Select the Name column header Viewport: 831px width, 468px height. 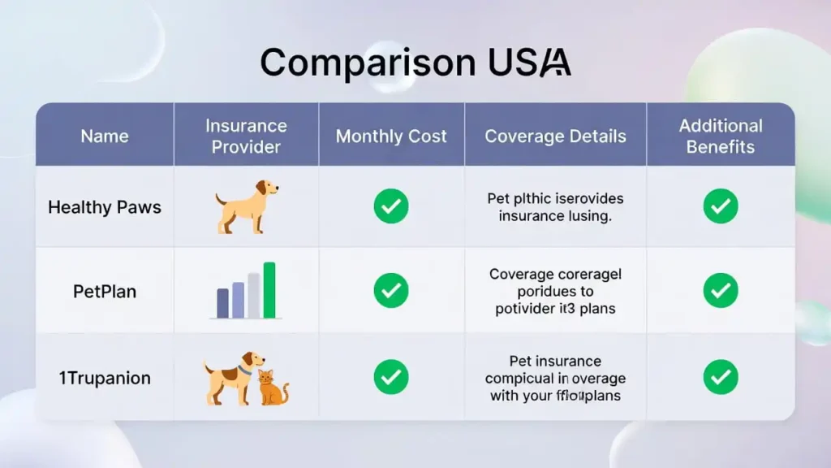[x=105, y=136]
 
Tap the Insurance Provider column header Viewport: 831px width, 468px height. [x=246, y=136]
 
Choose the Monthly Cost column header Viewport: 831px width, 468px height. [x=391, y=136]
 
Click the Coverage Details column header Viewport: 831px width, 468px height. [x=555, y=136]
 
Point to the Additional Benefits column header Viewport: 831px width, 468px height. [x=720, y=136]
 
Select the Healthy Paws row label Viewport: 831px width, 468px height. [x=105, y=207]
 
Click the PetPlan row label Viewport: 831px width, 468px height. [x=105, y=291]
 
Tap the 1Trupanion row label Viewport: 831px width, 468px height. [x=105, y=378]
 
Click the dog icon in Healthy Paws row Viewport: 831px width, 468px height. [x=246, y=206]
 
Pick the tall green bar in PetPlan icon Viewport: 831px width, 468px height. [x=269, y=290]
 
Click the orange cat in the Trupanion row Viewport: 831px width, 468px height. [x=272, y=388]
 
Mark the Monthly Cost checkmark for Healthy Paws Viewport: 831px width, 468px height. [x=391, y=207]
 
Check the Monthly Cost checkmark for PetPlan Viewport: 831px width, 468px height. [x=391, y=291]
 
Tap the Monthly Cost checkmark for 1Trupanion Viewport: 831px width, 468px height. [x=391, y=377]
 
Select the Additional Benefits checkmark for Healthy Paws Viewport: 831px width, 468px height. [x=720, y=207]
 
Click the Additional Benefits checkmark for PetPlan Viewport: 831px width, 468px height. [x=720, y=291]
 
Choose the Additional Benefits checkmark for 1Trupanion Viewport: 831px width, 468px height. [x=720, y=377]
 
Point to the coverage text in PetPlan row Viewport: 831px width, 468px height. [x=555, y=291]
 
